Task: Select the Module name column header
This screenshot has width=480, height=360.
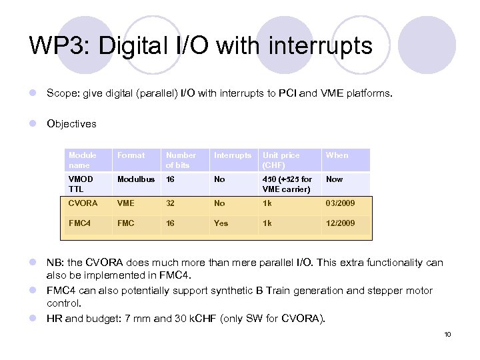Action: pyautogui.click(x=83, y=160)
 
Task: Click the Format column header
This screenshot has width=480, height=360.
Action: pyautogui.click(x=131, y=155)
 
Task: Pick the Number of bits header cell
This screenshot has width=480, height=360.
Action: pyautogui.click(x=181, y=160)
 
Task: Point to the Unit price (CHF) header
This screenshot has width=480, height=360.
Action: pyautogui.click(x=281, y=160)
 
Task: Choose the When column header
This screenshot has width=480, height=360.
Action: pyautogui.click(x=337, y=155)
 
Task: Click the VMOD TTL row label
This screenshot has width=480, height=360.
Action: pyautogui.click(x=81, y=184)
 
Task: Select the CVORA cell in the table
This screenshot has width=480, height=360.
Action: pyautogui.click(x=83, y=203)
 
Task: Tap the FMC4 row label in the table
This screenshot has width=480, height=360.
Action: pyautogui.click(x=79, y=223)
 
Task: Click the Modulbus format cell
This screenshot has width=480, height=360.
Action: pyautogui.click(x=136, y=179)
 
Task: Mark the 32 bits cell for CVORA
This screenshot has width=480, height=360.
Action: pyautogui.click(x=171, y=203)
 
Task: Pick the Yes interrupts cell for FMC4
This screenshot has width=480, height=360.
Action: pyautogui.click(x=221, y=223)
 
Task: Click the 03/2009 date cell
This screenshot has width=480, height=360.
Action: pyautogui.click(x=340, y=203)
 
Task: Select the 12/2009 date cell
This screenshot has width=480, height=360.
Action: pyautogui.click(x=340, y=223)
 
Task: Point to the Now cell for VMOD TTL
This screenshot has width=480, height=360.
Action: pyautogui.click(x=334, y=179)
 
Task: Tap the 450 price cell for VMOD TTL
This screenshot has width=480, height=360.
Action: pyautogui.click(x=287, y=184)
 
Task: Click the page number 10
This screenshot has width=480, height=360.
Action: pyautogui.click(x=447, y=334)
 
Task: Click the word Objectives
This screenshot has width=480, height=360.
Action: pyautogui.click(x=71, y=123)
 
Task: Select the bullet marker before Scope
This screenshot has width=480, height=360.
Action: pyautogui.click(x=33, y=94)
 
